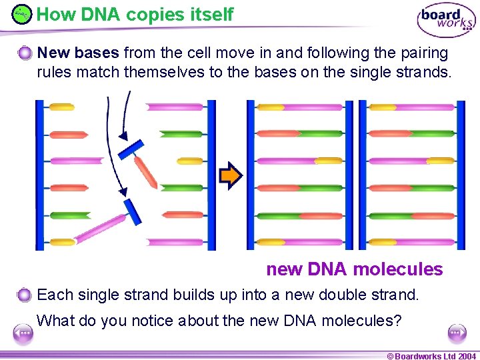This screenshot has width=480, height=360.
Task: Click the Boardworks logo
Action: [x=446, y=20]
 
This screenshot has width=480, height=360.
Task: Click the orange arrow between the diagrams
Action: [x=231, y=175]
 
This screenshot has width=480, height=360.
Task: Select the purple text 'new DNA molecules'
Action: [x=354, y=269]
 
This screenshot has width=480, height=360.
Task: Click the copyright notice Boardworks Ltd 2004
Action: [x=432, y=355]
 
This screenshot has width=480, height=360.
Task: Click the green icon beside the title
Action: [x=22, y=13]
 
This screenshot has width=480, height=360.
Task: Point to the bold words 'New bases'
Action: [x=79, y=52]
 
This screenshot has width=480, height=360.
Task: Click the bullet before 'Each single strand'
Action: [x=25, y=295]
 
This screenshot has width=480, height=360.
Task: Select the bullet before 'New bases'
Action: [x=25, y=53]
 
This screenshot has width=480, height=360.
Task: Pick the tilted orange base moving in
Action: [x=146, y=171]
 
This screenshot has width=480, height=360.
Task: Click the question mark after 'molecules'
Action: [x=397, y=321]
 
